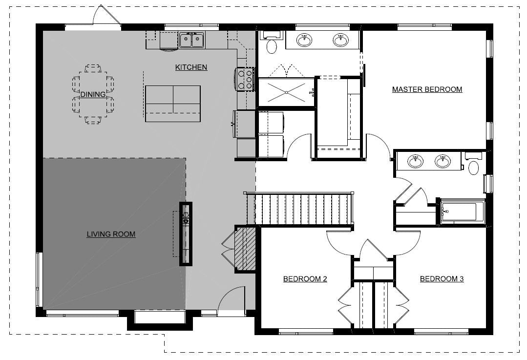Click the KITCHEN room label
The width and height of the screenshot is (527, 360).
coord(191,67)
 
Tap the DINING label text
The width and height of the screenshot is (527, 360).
coord(93,94)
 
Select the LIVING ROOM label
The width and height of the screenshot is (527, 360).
coord(111,234)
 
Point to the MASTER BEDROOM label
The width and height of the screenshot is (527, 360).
coord(427,89)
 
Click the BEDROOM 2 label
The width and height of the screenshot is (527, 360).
coord(305,279)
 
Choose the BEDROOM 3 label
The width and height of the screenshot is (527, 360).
coord(442,279)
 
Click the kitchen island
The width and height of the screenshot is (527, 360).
coord(173,104)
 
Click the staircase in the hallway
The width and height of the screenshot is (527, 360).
coord(303,209)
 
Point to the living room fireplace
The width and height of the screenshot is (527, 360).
coord(186,233)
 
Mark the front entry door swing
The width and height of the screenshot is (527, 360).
coord(231,299)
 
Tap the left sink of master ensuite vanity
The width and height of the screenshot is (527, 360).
coord(305,40)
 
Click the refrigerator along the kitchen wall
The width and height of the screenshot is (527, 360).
coord(244,124)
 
